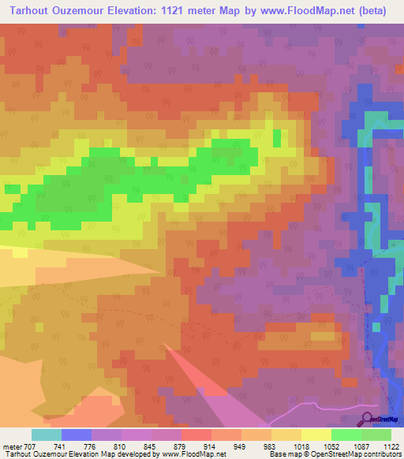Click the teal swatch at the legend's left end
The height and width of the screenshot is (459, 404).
tap(46, 435)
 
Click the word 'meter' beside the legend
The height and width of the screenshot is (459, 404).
tap(13, 446)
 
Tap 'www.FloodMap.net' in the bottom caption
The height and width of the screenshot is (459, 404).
tap(193, 454)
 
